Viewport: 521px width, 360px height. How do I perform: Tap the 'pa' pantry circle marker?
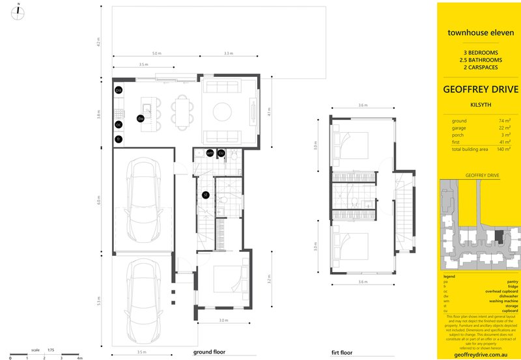[119, 90]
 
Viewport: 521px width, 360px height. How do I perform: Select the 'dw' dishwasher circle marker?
[140, 118]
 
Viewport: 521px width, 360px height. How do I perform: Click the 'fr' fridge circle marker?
[119, 139]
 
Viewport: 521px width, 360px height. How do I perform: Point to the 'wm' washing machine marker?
[210, 153]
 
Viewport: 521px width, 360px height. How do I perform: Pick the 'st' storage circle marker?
[204, 194]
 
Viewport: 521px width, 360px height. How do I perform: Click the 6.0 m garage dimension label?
[100, 201]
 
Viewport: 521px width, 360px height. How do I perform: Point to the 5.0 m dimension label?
[156, 52]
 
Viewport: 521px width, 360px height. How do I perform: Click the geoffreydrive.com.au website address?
[480, 355]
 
